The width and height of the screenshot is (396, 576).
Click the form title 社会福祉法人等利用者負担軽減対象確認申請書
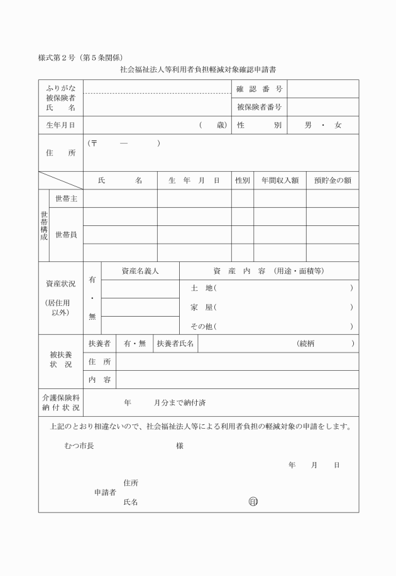(197, 71)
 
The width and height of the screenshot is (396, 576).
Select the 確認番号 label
(260, 89)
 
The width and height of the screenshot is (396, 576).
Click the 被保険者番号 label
(260, 107)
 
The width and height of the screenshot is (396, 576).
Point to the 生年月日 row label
(60, 125)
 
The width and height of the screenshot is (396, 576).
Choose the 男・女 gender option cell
(322, 125)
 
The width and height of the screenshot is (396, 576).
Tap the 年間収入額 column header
(280, 181)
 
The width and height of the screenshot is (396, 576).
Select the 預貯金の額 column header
(332, 181)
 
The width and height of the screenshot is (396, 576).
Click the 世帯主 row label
(66, 199)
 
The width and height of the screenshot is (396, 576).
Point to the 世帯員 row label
(66, 235)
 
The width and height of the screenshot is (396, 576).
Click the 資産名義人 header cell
(140, 271)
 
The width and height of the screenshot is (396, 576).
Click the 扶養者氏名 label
(175, 344)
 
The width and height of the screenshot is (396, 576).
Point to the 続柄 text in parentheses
(308, 344)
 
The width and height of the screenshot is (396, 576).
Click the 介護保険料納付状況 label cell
(60, 403)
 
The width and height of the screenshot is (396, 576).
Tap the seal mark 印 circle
(253, 502)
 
